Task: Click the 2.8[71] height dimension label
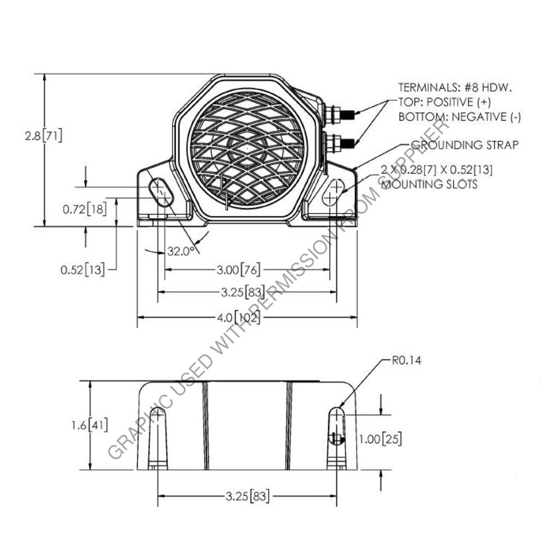point(44,135)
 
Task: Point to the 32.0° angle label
point(181,251)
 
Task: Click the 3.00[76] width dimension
point(238,270)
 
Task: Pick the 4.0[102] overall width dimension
point(239,317)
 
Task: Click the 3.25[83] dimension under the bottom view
point(247,496)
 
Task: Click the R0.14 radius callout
point(407,360)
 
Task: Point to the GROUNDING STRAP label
point(464,145)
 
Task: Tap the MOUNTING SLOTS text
point(429,184)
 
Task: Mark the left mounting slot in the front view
point(159,192)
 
